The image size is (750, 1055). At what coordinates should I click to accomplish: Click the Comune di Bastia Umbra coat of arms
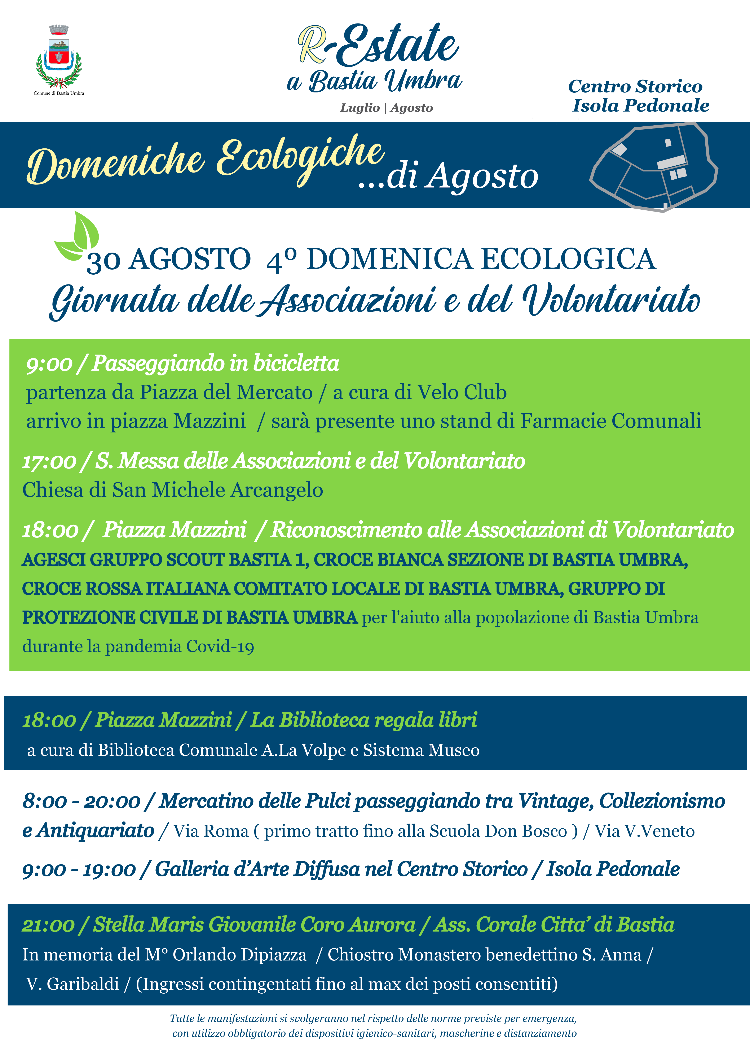pos(59,58)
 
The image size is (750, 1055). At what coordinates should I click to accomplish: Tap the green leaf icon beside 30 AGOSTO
pos(78,236)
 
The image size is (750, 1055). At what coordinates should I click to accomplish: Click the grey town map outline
pos(653,166)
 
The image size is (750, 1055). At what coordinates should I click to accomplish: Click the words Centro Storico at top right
pos(635,86)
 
